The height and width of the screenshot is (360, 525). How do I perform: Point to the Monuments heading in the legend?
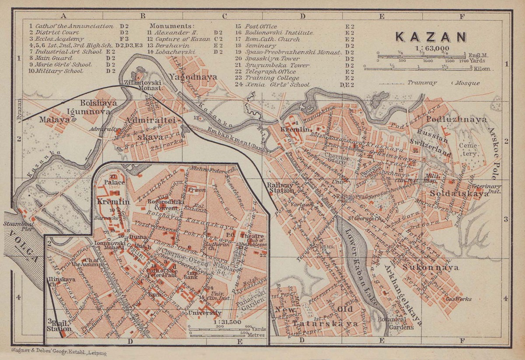[x=171, y=26]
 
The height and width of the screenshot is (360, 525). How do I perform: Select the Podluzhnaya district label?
[x=451, y=119]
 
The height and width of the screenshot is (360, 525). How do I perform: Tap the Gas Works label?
[x=458, y=299]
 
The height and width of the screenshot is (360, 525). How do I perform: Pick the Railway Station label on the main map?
[x=280, y=187]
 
